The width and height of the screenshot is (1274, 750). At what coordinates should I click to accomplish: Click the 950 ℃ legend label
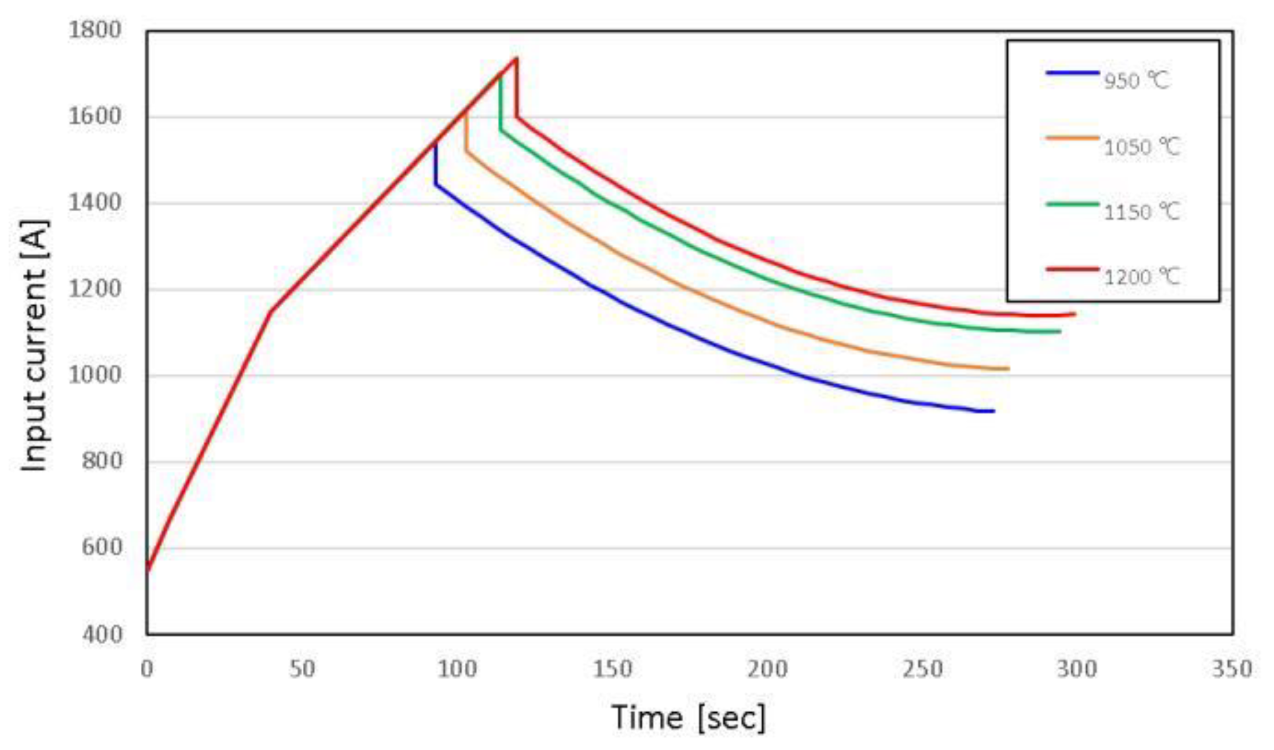pyautogui.click(x=1136, y=81)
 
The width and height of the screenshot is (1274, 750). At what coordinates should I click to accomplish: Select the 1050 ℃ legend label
pyautogui.click(x=1141, y=147)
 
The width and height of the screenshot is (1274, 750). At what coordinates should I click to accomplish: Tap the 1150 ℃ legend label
pyautogui.click(x=1141, y=212)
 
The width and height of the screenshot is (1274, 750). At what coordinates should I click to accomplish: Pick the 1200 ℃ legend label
pyautogui.click(x=1141, y=278)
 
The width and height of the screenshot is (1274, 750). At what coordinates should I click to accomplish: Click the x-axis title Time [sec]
pyautogui.click(x=688, y=717)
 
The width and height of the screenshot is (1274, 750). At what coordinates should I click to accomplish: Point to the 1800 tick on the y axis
pyautogui.click(x=95, y=30)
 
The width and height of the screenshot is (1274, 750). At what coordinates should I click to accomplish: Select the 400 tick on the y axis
pyautogui.click(x=102, y=634)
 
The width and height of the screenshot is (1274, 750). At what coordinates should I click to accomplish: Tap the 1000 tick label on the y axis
pyautogui.click(x=95, y=376)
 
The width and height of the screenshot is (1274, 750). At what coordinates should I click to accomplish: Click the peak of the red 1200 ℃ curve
pyautogui.click(x=517, y=58)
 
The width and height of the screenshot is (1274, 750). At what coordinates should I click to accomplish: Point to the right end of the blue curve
pyautogui.click(x=994, y=411)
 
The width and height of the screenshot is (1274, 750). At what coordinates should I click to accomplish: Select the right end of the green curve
pyautogui.click(x=1060, y=331)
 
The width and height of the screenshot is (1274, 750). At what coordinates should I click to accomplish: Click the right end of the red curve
pyautogui.click(x=1075, y=314)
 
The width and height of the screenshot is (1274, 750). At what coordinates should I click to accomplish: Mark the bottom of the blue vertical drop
pyautogui.click(x=436, y=185)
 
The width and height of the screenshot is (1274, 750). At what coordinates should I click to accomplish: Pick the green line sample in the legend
pyautogui.click(x=1072, y=204)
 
